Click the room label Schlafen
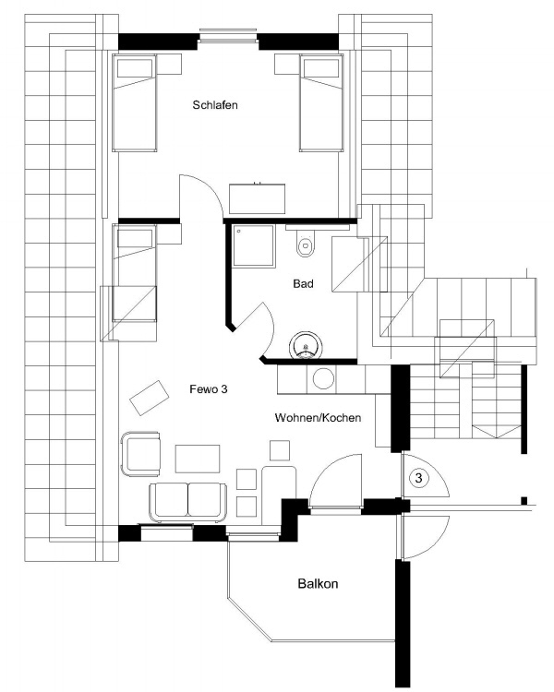tap(215, 105)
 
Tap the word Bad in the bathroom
tap(304, 284)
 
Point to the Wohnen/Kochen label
tap(318, 418)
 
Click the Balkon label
tap(317, 584)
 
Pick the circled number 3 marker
tap(418, 478)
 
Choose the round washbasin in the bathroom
tap(305, 346)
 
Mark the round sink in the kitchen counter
tap(324, 378)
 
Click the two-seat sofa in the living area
tap(187, 499)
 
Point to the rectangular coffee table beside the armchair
tap(198, 459)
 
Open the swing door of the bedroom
tap(201, 197)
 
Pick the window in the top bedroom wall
tap(228, 38)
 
